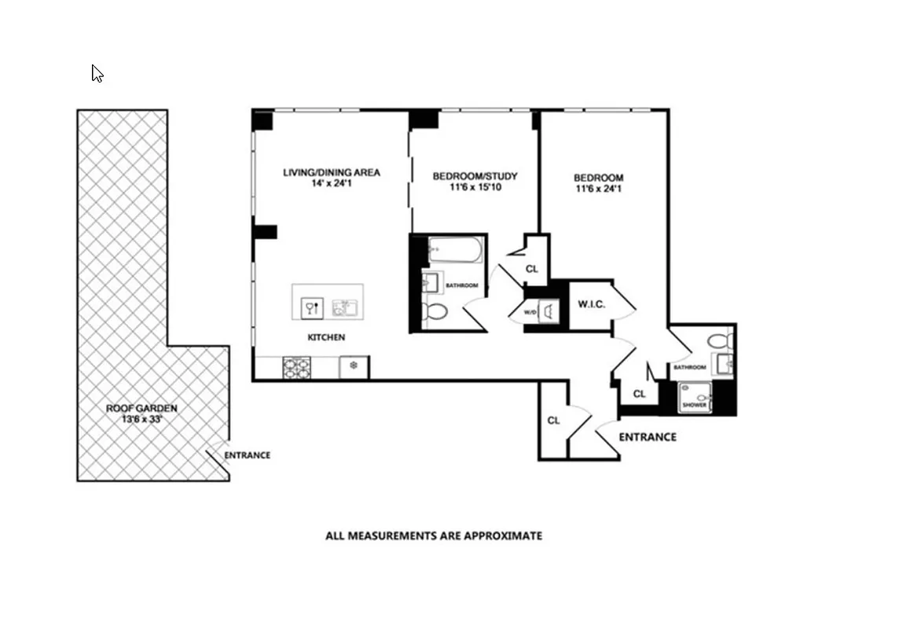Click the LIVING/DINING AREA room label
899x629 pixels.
point(332,172)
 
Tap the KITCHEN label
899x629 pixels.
point(326,337)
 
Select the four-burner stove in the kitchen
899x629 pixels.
point(296,366)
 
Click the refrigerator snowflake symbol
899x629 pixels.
point(354,366)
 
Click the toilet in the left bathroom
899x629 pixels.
point(433,312)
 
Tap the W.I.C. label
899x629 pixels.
point(591,304)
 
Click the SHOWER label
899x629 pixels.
point(694,405)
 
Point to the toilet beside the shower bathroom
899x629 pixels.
point(718,341)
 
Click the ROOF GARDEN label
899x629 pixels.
point(141,409)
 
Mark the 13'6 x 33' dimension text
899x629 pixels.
point(141,420)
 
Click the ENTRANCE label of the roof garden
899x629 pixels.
point(247,455)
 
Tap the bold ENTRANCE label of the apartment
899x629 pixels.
point(647,437)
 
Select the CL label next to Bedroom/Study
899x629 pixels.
point(532,269)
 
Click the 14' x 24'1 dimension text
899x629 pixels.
point(332,184)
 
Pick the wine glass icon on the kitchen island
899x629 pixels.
point(310,307)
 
